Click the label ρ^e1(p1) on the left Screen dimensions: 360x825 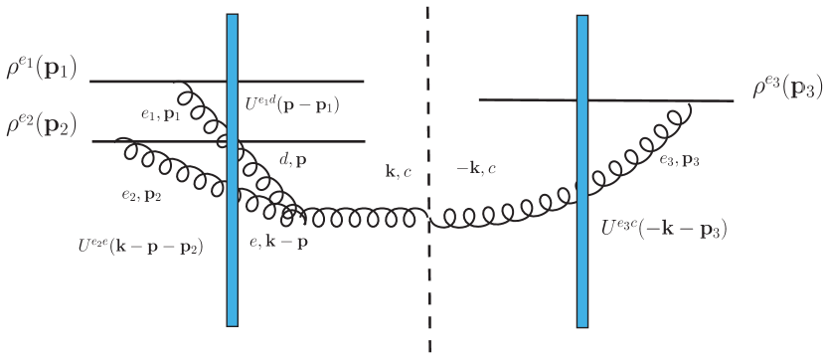pos(42,68)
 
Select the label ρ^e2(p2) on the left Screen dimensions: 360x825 pos(42,126)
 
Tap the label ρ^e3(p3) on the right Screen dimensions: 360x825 pos(786,89)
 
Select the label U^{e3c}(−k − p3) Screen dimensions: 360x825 pos(663,228)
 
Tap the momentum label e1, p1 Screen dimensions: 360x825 pos(160,115)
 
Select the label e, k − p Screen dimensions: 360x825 pos(279,242)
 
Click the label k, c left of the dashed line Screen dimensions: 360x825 pos(397,172)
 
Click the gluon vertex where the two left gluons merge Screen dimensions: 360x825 pos(294,214)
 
